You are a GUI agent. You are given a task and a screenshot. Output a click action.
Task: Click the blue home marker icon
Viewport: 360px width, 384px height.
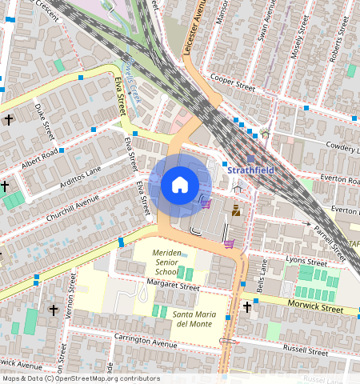(180, 186)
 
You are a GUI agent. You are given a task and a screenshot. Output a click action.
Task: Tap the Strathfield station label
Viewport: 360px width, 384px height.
(251, 170)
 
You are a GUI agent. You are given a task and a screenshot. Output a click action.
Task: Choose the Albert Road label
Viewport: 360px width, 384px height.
(41, 158)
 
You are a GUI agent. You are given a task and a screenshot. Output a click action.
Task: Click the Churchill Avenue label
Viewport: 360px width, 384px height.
(73, 210)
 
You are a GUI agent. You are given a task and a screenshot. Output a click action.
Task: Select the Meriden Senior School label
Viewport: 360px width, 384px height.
(166, 262)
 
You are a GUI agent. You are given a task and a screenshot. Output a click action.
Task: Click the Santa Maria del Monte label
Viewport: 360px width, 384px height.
(194, 318)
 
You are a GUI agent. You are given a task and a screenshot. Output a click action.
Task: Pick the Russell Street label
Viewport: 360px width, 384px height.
(306, 350)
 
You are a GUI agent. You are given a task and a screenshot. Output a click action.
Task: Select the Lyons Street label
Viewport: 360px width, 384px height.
(306, 262)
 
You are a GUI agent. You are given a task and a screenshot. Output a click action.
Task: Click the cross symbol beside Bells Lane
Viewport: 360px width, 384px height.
(247, 306)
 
